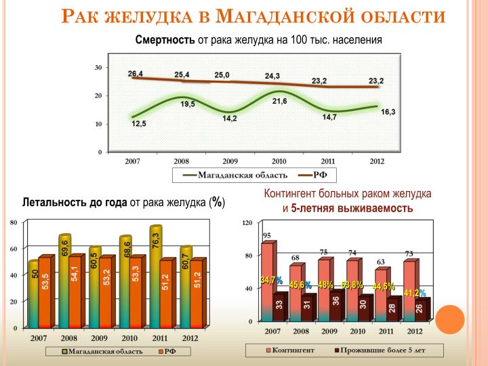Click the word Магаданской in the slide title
(285, 16)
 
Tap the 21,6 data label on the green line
(279, 101)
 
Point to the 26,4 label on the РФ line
(136, 74)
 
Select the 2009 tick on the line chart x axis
(230, 161)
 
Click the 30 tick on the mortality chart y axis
(98, 68)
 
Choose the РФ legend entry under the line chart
(312, 175)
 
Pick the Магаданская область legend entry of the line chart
(235, 175)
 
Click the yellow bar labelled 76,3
(155, 277)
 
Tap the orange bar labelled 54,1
(75, 291)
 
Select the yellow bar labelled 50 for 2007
(34, 294)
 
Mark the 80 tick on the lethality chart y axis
(14, 222)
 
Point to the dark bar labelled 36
(336, 306)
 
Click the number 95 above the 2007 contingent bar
(267, 236)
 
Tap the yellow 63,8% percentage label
(352, 285)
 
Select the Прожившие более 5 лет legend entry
(380, 350)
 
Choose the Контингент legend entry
(290, 350)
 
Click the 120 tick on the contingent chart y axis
(247, 222)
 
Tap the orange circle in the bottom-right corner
(450, 319)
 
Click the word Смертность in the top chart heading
(165, 40)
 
